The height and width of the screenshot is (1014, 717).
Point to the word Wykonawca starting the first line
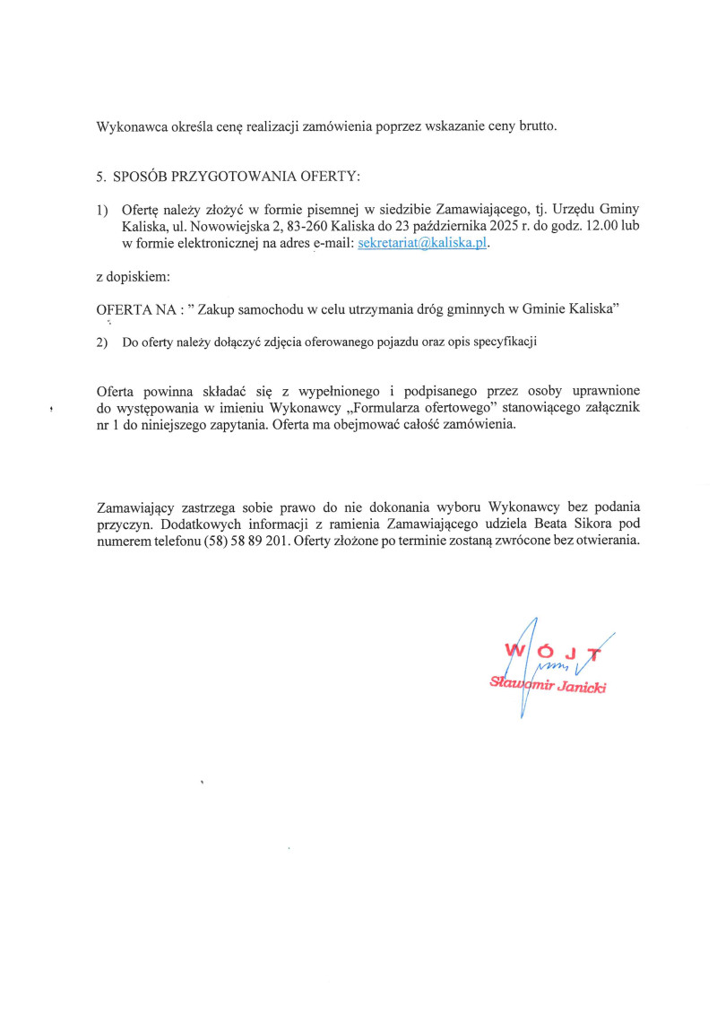click(128, 126)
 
